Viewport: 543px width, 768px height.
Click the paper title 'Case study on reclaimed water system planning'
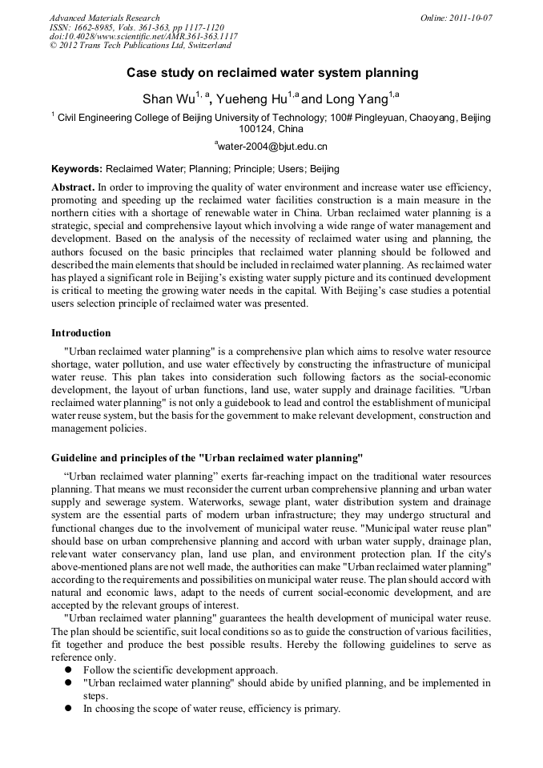(x=272, y=73)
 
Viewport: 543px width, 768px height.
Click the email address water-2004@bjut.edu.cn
(x=272, y=147)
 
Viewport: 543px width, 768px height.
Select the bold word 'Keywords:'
(x=77, y=169)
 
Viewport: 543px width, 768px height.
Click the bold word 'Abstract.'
(x=73, y=187)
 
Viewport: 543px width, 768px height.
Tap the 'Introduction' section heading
(x=81, y=332)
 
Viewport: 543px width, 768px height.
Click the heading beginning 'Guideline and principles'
(x=207, y=458)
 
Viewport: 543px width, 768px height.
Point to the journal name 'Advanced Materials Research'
(x=104, y=18)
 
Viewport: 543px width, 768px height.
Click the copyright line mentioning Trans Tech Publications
(x=140, y=46)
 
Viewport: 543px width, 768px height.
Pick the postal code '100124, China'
(x=271, y=128)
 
